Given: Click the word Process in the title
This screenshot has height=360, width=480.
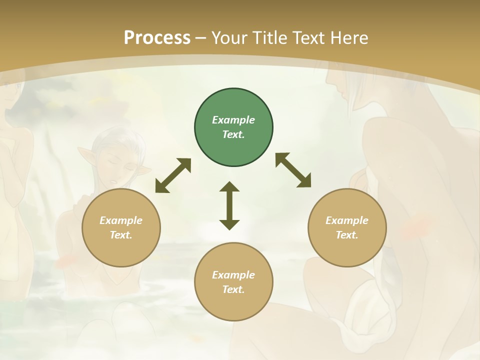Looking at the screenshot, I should point(157,38).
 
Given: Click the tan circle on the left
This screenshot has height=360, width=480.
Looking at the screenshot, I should point(121,227).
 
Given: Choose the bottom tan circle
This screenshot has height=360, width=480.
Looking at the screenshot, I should point(233,281).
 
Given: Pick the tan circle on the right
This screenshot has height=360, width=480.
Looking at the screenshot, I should point(347,227).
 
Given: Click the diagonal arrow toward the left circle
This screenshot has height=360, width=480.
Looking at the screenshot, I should point(173,175).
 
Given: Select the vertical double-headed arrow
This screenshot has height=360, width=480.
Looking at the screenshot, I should point(229,205).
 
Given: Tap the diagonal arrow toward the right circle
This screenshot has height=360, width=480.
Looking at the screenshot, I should point(293,170).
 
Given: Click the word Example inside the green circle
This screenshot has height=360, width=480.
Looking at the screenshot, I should point(233,120).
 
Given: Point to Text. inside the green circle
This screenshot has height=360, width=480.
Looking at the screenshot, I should point(233,134).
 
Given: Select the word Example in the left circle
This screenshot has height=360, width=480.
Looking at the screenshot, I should point(121,220).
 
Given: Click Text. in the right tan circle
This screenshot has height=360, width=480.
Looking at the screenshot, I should point(347,235).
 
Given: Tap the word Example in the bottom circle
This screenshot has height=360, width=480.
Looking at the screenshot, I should point(233,275).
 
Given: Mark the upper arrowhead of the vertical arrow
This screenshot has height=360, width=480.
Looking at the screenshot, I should point(229,187).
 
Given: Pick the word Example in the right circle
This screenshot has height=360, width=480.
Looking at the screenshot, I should point(347,220).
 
